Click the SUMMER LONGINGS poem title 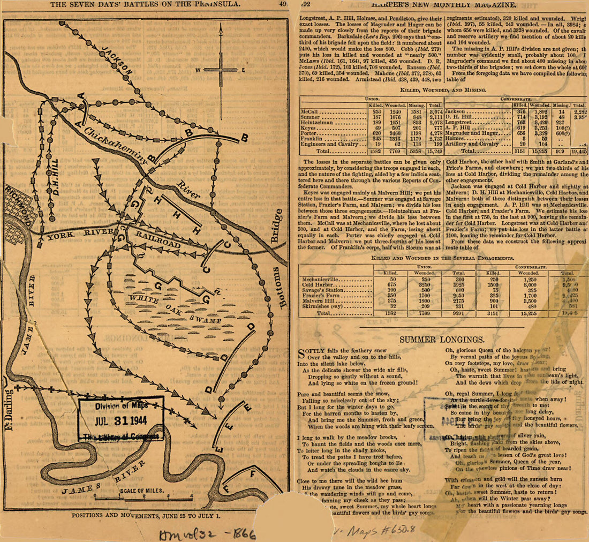pos(442,340)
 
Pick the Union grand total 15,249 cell pos(434,152)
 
